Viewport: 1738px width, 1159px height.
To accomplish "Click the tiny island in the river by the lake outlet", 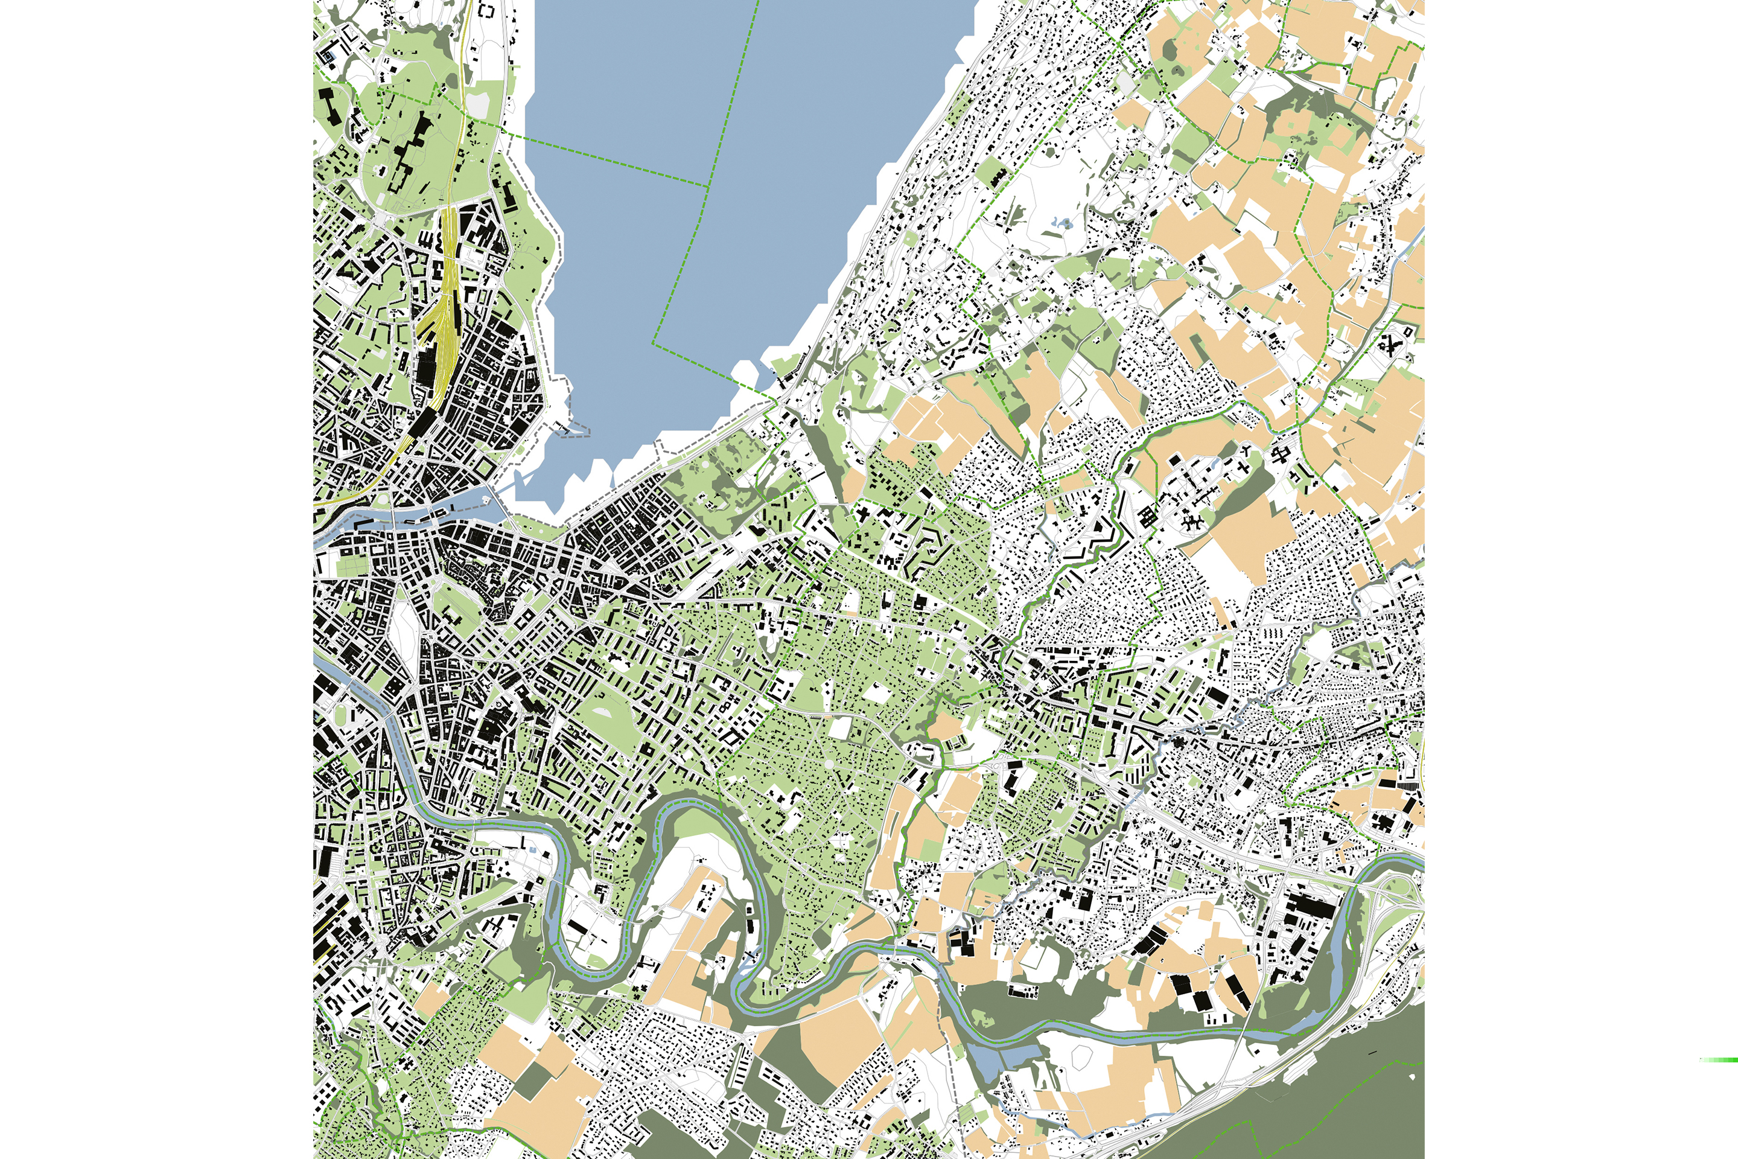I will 485,500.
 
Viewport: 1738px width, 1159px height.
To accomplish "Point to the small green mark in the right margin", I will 1718,1060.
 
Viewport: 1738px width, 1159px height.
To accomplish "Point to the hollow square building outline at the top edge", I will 487,10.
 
